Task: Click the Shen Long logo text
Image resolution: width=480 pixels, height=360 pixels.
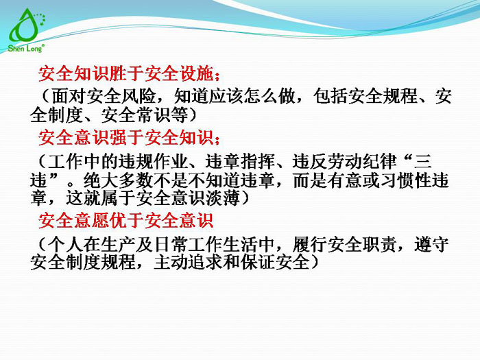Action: point(26,49)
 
